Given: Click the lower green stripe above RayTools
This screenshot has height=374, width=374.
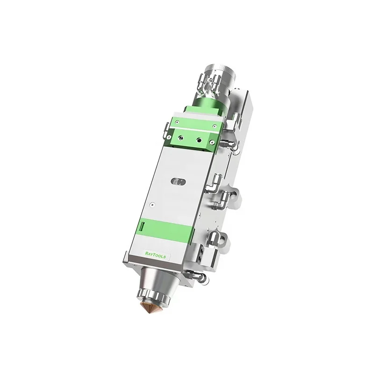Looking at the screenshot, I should coord(164,230).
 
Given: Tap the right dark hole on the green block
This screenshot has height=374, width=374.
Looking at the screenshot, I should coord(200,139).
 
